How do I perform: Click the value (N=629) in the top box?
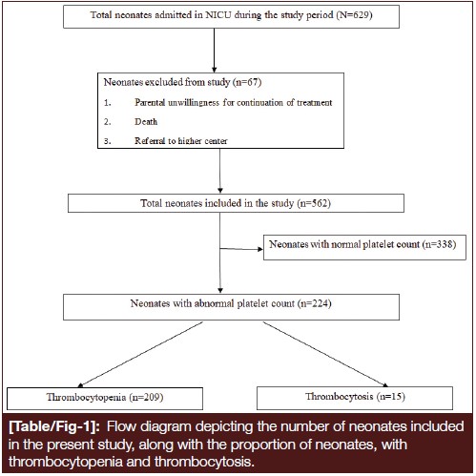354,15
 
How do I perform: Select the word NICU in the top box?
218,15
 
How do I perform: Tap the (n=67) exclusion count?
247,82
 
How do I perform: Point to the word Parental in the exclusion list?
150,102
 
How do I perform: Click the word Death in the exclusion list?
146,121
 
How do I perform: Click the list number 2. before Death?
108,122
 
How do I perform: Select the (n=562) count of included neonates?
314,203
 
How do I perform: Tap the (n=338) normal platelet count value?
439,244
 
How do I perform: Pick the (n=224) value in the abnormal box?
315,303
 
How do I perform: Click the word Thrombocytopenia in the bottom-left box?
86,397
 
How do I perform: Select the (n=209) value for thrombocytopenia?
146,397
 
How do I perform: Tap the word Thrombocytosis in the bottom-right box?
340,397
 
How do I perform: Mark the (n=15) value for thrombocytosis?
391,397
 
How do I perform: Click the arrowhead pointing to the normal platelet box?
260,249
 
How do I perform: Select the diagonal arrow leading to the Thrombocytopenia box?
140,355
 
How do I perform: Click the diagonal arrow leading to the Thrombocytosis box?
326,355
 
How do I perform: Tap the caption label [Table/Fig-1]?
54,426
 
